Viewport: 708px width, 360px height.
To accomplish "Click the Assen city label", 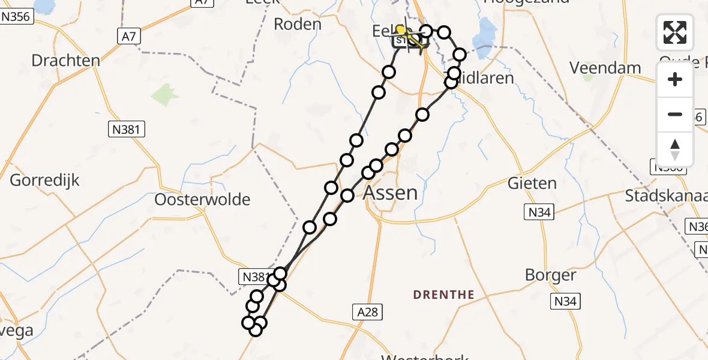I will pyautogui.click(x=391, y=193).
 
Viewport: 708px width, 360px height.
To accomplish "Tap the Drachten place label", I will pyautogui.click(x=65, y=61).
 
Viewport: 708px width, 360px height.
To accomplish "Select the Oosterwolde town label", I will pyautogui.click(x=202, y=199).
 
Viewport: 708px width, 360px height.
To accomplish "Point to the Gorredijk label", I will pyautogui.click(x=44, y=180).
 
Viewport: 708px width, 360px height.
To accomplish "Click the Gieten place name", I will pyautogui.click(x=532, y=183).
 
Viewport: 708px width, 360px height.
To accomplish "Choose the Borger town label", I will pyautogui.click(x=550, y=275).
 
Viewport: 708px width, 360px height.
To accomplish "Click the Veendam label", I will pyautogui.click(x=605, y=68).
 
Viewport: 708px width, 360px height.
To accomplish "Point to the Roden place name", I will pyautogui.click(x=298, y=25).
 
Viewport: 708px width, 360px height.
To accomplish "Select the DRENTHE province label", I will pyautogui.click(x=444, y=295).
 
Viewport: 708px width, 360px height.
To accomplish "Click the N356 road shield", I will pyautogui.click(x=17, y=18).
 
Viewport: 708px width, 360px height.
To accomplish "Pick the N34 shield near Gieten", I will pyautogui.click(x=541, y=211).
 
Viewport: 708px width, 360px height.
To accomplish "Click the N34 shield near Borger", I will pyautogui.click(x=565, y=302).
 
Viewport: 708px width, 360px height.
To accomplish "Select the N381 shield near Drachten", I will pyautogui.click(x=127, y=128).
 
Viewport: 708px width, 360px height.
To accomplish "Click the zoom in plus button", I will pyautogui.click(x=675, y=79).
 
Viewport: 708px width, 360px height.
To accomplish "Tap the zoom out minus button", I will pyautogui.click(x=675, y=114).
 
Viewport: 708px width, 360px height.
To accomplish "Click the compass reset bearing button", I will pyautogui.click(x=675, y=149).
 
